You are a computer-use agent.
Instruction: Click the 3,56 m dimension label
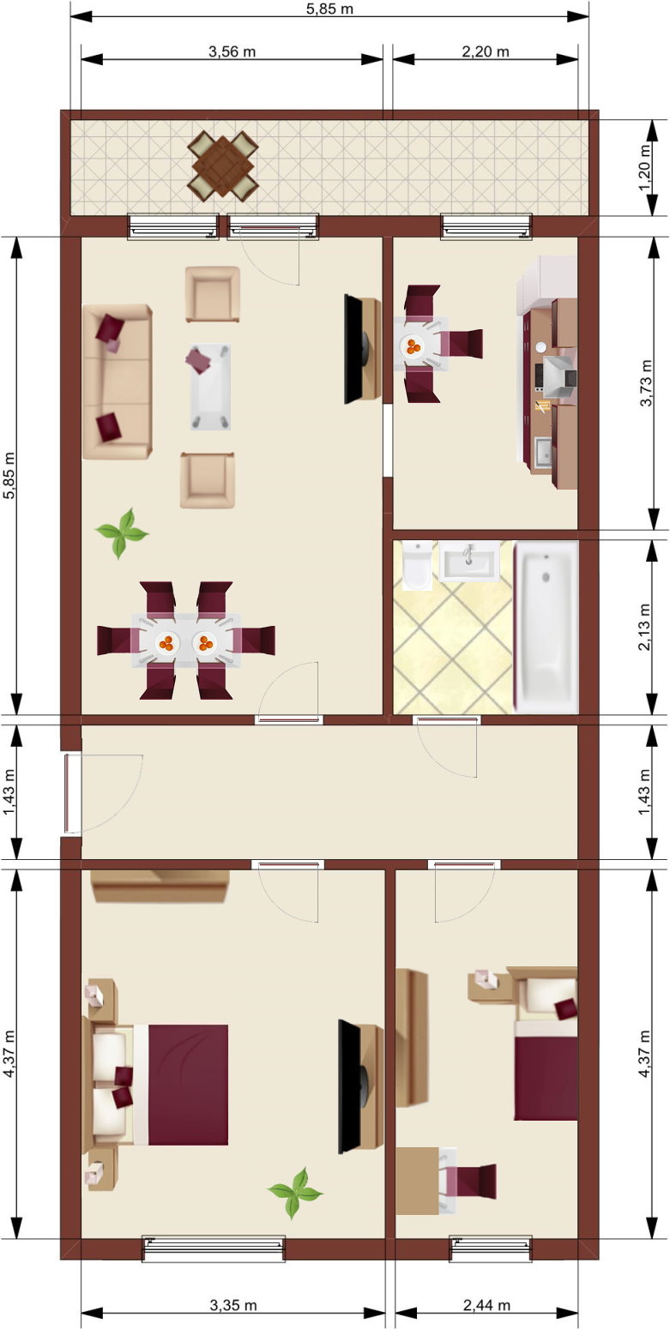[x=232, y=51]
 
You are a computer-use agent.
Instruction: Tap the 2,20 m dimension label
[x=486, y=51]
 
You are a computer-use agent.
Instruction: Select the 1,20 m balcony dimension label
[x=645, y=168]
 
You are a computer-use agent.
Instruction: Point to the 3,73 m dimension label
[x=645, y=382]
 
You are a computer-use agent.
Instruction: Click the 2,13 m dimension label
[x=645, y=627]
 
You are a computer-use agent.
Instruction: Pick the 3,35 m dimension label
[x=233, y=1305]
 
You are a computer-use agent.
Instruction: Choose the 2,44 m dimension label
[x=486, y=1305]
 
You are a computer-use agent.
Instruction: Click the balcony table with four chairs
[x=223, y=165]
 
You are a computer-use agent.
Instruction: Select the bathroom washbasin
[x=469, y=560]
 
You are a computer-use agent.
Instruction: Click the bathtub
[x=546, y=627]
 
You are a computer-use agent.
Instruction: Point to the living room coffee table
[x=211, y=387]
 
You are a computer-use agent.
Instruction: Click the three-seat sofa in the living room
[x=118, y=382]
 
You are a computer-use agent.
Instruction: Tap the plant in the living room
[x=122, y=532]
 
